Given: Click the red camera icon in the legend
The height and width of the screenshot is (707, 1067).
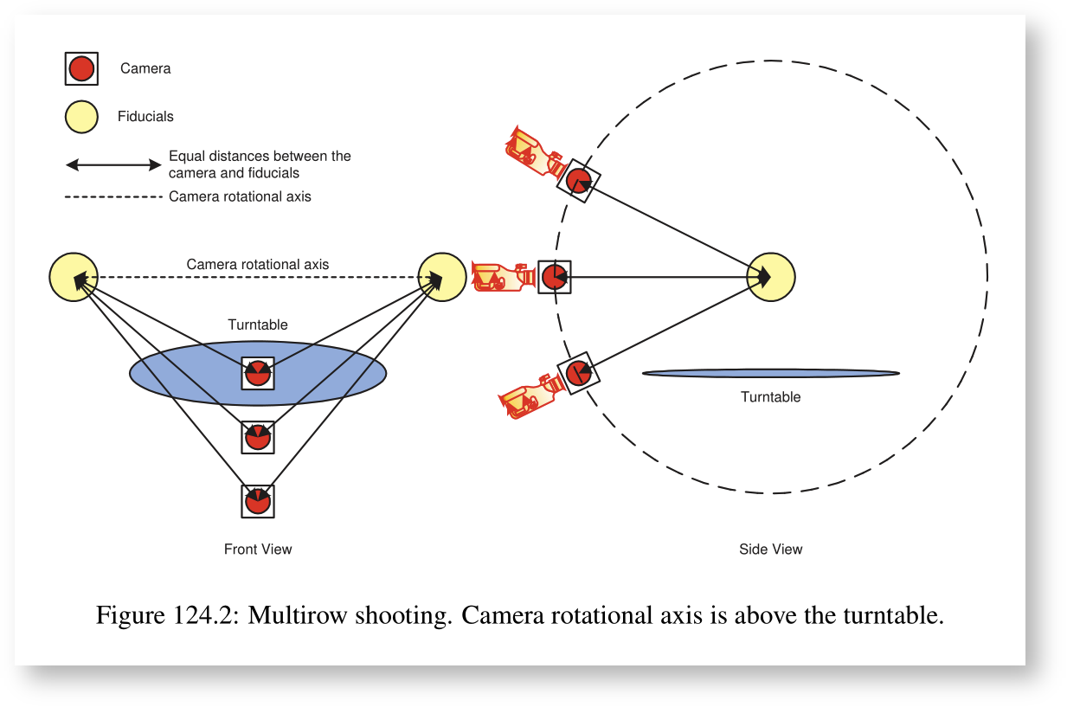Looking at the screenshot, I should pos(81,68).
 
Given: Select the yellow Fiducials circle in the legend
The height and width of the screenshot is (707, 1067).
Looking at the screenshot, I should pos(81,117).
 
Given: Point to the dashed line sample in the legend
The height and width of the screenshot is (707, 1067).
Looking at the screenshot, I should pos(113,197).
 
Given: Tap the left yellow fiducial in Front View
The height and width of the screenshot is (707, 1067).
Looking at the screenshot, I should pos(74,277).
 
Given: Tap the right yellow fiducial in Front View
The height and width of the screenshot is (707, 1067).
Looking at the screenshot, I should pos(442,277).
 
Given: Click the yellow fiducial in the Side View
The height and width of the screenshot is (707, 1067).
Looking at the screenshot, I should pos(771,277).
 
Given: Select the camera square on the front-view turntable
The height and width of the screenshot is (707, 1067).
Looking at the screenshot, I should pos(258,373).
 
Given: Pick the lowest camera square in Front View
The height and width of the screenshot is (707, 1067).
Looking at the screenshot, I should pos(257,501).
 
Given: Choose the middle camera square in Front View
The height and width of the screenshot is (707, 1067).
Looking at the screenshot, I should pos(258,437).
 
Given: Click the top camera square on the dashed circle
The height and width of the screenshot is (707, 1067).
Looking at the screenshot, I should pos(578,181).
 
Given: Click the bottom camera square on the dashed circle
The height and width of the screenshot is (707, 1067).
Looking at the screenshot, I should pos(578,374).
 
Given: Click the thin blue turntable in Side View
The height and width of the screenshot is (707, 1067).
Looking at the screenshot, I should pos(770,374).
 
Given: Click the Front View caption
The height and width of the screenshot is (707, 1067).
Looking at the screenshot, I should pos(258,550).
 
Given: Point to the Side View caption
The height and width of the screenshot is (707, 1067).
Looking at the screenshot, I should pos(770,550).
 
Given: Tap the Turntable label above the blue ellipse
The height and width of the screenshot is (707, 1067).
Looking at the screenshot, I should pos(258,325).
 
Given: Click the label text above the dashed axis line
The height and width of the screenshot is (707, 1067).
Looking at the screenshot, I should pos(258,265).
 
